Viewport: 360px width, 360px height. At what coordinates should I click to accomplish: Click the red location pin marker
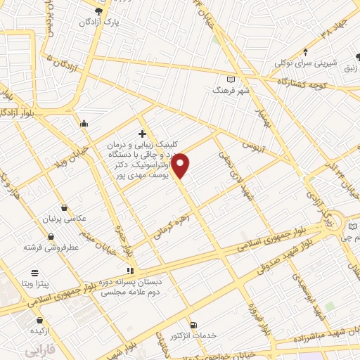pos(181,165)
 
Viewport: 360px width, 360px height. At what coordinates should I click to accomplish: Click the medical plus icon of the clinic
pos(142,134)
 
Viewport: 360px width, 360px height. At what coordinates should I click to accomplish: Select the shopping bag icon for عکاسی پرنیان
pos(65,208)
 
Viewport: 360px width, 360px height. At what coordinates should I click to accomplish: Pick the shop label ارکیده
pos(38,330)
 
